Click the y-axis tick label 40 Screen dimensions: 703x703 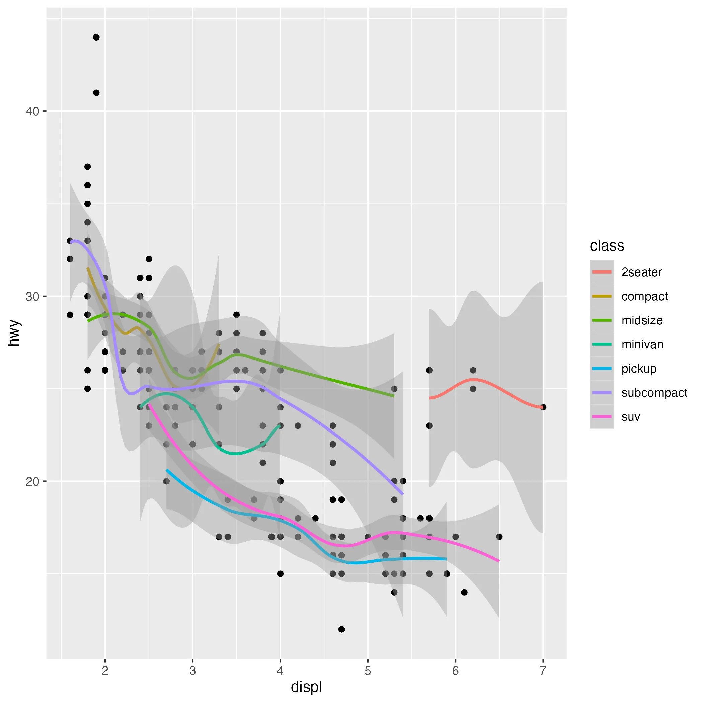[x=32, y=111]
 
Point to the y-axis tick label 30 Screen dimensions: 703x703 [x=32, y=297]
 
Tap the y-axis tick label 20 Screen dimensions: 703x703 [x=32, y=481]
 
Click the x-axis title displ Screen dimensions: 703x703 [x=306, y=687]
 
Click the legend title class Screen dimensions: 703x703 [x=607, y=246]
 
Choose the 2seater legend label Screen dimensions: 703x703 [x=641, y=272]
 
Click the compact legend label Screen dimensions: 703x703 [x=644, y=296]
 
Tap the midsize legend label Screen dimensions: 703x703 [x=642, y=320]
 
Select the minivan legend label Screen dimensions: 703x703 [x=642, y=344]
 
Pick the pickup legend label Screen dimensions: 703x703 [x=639, y=369]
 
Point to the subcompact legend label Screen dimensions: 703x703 [x=654, y=393]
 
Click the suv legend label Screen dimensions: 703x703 [x=631, y=417]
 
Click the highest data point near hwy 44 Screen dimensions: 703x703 [x=96, y=37]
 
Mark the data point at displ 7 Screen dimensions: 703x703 [x=543, y=407]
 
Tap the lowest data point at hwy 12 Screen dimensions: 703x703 [x=341, y=629]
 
